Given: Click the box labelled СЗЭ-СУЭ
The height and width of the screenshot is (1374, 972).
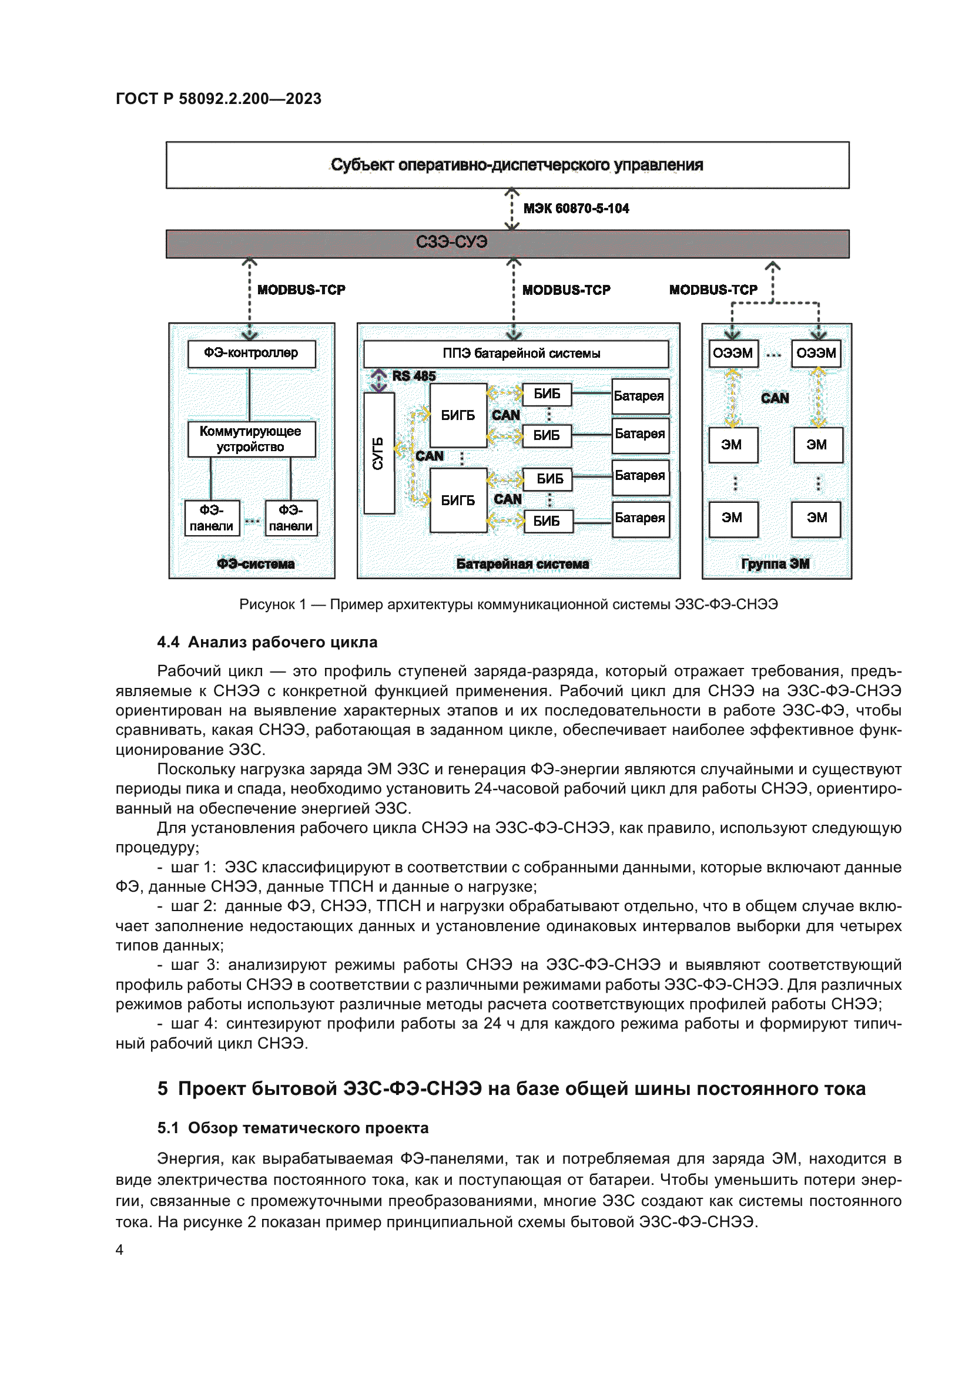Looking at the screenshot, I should pos(508,244).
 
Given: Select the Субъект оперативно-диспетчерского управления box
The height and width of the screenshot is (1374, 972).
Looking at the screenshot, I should pos(508,165).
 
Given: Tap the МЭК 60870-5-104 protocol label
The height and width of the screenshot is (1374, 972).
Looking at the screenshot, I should pos(576,209).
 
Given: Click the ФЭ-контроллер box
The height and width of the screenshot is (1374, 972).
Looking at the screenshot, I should pos(252,354).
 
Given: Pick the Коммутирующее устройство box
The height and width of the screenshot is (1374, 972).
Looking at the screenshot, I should pos(252,439).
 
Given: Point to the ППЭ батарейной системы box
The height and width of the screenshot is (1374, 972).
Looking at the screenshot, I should pos(516,354).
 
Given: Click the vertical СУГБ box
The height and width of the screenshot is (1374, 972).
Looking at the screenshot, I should pos(379,453).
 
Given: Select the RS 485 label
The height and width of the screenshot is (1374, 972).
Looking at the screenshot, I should pos(414,377).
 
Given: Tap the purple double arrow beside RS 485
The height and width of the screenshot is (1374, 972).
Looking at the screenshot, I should pos(379,381).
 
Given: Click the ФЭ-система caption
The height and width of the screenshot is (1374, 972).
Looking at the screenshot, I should pos(256,564).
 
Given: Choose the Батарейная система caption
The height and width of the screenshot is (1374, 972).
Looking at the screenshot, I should pos(522,564).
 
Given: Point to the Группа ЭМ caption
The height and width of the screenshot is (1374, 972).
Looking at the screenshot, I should pos(775,564).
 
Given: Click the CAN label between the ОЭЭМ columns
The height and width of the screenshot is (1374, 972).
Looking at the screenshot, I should pos(775,398).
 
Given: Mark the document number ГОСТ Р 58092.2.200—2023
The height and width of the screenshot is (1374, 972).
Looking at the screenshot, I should pos(219,99).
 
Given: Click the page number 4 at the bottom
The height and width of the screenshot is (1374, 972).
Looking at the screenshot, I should pos(120,1250).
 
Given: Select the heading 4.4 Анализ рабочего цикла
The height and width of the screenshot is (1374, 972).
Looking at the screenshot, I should pos(267,643).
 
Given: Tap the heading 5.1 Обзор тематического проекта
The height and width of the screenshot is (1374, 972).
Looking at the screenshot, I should pos(293,1128).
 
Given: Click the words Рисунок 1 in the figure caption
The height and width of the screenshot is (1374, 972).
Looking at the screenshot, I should pos(272,604).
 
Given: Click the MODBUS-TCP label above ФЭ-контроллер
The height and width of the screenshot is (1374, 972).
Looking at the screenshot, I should pos(301,290).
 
